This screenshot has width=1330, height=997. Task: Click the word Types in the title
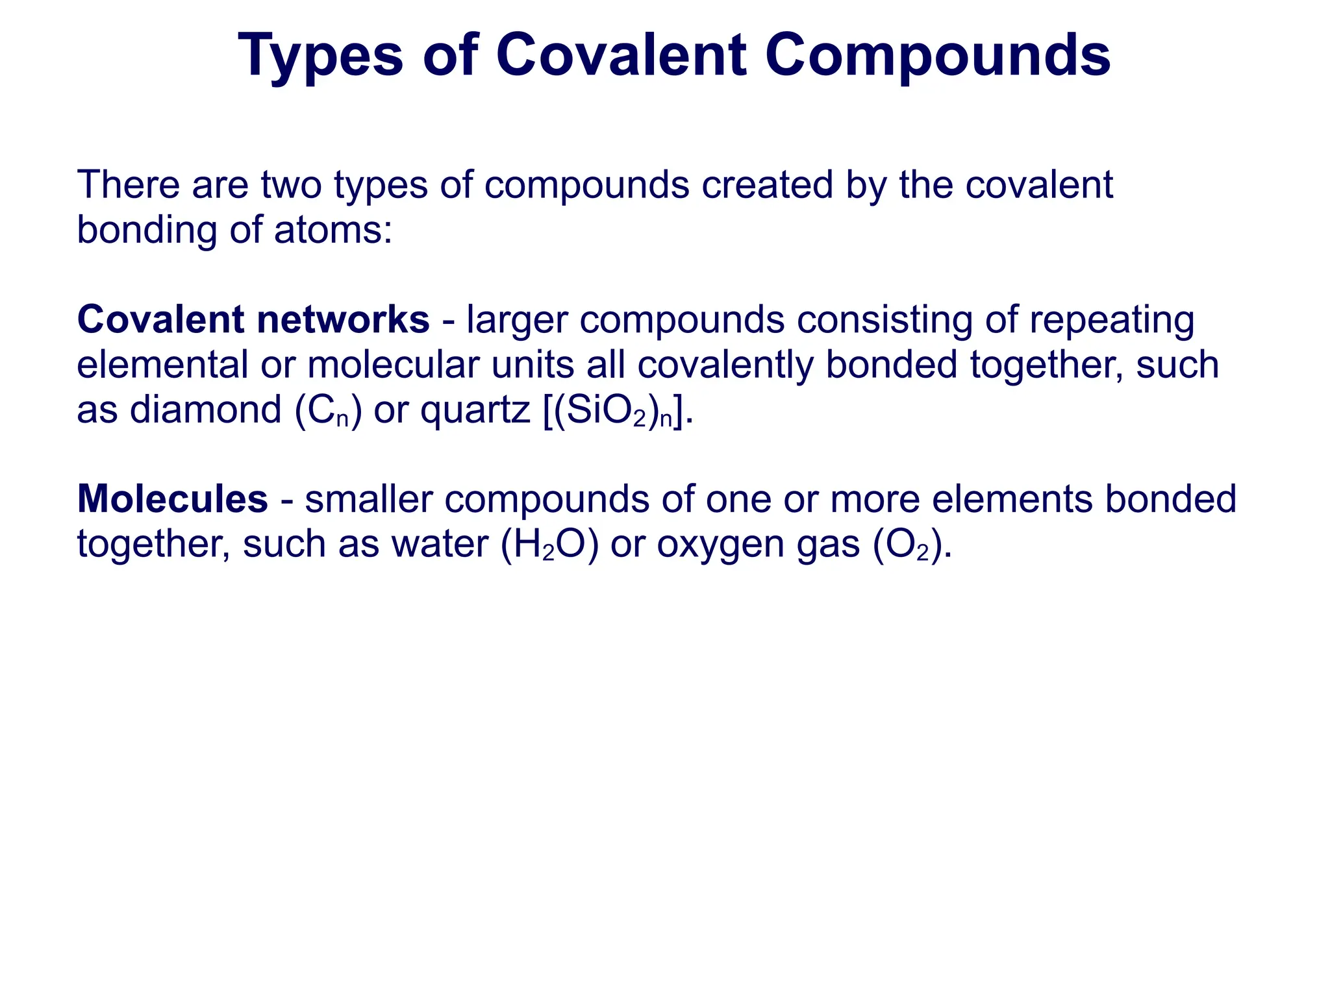pyautogui.click(x=321, y=56)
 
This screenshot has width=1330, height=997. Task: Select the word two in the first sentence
pyautogui.click(x=291, y=185)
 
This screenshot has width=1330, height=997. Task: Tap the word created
pyautogui.click(x=767, y=185)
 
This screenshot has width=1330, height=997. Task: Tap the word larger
pyautogui.click(x=517, y=319)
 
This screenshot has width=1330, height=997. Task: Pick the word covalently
pyautogui.click(x=725, y=365)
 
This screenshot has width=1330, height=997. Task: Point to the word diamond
pyautogui.click(x=205, y=410)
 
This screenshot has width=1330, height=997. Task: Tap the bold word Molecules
pyautogui.click(x=172, y=499)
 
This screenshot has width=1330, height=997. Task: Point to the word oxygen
pyautogui.click(x=720, y=545)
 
